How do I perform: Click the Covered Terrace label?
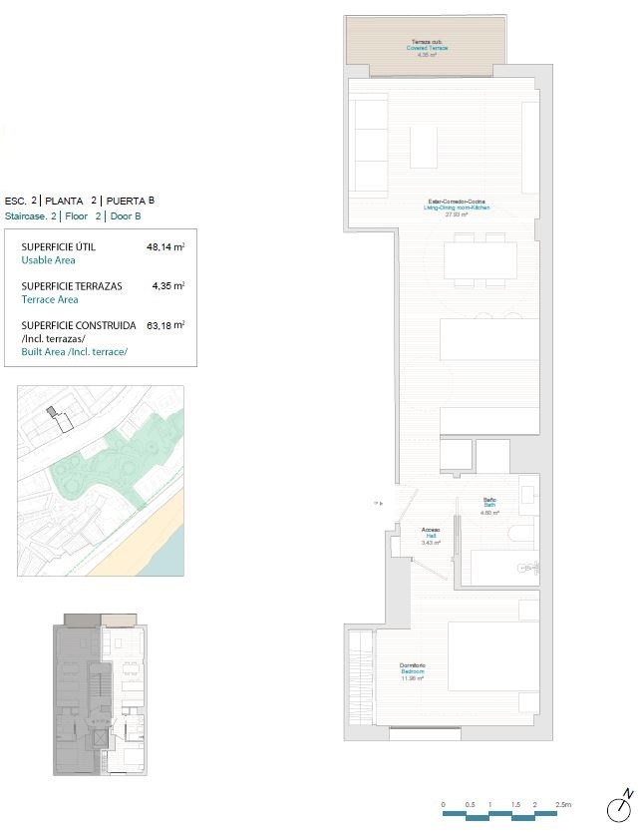point(427,48)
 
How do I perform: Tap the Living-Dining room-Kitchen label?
point(457,208)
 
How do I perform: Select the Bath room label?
point(489,503)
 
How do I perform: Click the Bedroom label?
point(413,671)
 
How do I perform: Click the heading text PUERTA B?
point(131,200)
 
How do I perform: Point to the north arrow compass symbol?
point(621,804)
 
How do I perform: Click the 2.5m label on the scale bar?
point(564,804)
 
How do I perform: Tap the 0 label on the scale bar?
point(443,804)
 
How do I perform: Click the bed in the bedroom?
point(492,654)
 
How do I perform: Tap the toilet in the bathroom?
point(519,534)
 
